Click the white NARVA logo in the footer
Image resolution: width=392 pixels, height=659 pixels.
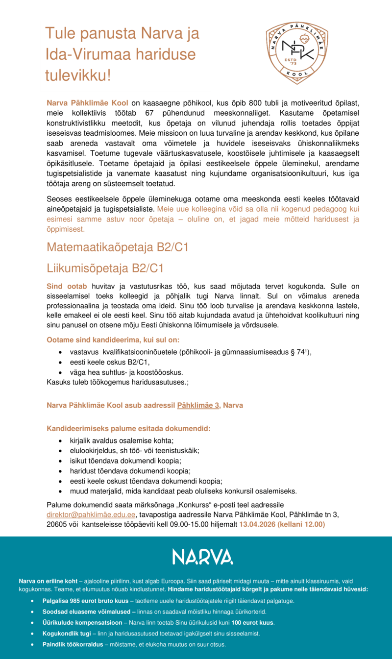(x=202, y=556)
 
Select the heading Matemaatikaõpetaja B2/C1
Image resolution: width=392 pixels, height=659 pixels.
(x=118, y=247)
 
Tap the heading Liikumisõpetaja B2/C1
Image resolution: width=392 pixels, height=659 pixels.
(x=105, y=268)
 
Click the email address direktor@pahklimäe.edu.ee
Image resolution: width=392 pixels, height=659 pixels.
(x=91, y=514)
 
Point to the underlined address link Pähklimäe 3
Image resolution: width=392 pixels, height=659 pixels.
(x=198, y=406)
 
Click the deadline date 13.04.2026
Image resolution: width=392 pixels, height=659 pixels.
(x=257, y=524)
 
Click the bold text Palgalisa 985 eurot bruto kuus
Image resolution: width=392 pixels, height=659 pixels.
(x=84, y=600)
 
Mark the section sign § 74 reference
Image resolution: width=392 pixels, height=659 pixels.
(x=301, y=352)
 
